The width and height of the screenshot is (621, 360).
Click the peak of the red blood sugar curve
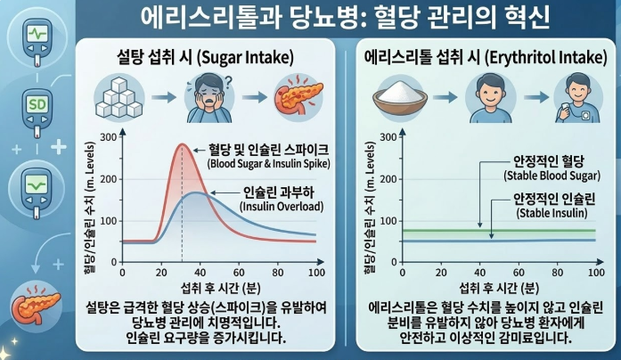(182, 143)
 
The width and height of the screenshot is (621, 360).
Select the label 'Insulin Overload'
(272, 207)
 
